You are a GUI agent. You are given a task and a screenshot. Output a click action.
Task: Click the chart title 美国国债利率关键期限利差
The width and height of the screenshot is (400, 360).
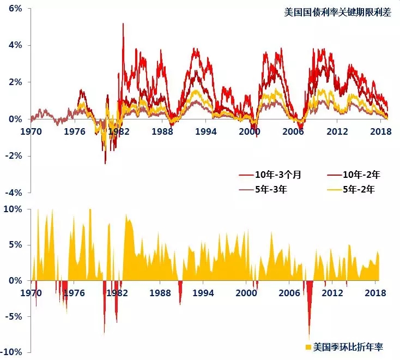(x=337, y=13)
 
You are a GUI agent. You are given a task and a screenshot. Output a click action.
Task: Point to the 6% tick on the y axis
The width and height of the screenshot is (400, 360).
(x=15, y=9)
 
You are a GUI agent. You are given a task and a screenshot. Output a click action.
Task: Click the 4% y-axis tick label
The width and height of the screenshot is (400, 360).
(x=15, y=45)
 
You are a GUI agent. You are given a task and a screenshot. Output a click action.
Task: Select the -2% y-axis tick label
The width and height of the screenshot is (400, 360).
(x=13, y=155)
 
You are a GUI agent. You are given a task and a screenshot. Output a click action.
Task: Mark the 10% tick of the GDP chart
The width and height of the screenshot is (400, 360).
(x=13, y=209)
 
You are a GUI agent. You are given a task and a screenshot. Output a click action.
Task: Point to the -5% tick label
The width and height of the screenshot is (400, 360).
(x=13, y=316)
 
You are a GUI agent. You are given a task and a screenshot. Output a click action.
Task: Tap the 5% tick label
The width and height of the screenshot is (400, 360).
(x=15, y=245)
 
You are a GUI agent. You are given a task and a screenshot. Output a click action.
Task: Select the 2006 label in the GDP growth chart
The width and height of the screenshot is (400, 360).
(x=292, y=292)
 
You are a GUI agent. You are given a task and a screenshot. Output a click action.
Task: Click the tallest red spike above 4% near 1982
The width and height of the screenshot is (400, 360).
(x=123, y=24)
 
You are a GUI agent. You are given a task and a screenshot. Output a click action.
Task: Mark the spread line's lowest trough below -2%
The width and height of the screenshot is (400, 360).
(x=105, y=163)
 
